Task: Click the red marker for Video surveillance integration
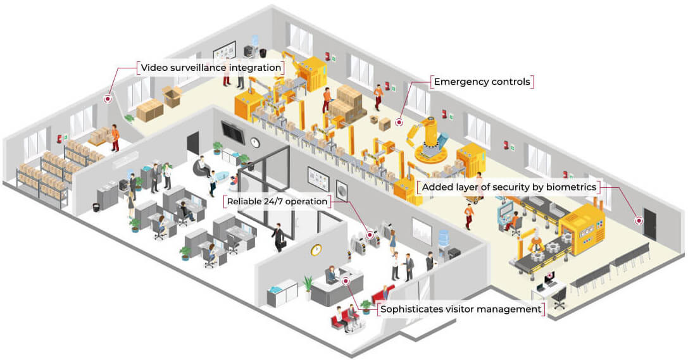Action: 108,99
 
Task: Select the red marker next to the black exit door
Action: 639,221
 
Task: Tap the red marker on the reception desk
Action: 346,281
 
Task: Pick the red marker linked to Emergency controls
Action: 399,123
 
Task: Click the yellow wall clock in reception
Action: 316,249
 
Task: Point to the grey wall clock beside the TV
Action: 255,142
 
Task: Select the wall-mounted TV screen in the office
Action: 233,132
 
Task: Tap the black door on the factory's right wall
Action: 649,224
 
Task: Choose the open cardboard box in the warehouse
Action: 172,96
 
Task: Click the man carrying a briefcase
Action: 278,237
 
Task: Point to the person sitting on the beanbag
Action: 203,166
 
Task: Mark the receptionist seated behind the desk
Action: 331,275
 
